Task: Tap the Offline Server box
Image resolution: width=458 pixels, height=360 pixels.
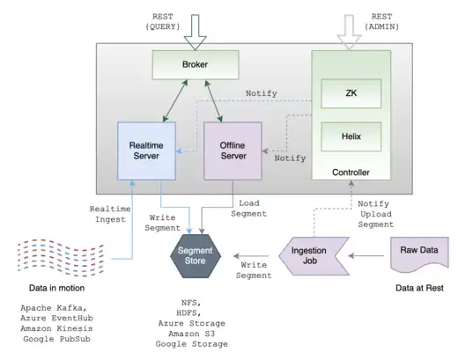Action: point(233,149)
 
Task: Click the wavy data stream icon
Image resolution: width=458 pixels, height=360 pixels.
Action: point(55,256)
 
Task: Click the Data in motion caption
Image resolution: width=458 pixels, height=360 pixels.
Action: point(55,288)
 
